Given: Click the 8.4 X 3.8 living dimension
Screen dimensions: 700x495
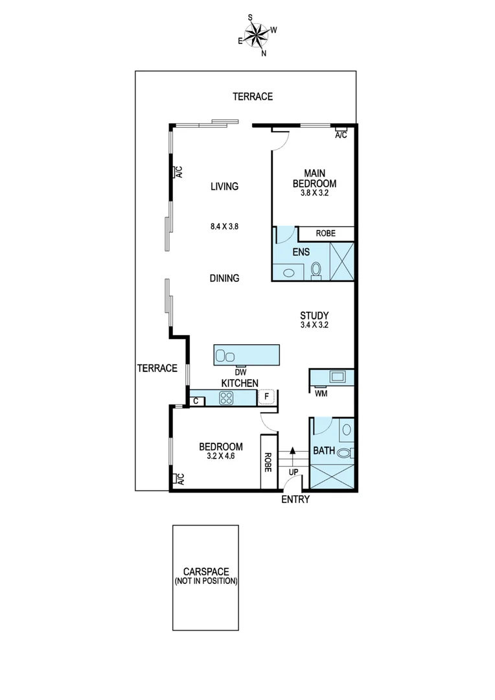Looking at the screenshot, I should click(225, 227).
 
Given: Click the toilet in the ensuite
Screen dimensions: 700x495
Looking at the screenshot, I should click(317, 269).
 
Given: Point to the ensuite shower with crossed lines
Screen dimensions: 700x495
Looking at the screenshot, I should click(341, 261).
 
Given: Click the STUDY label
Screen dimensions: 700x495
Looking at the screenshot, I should click(315, 316).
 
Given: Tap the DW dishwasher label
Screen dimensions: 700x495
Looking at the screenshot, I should click(240, 372).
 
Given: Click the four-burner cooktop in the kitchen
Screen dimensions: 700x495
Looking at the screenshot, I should click(226, 398).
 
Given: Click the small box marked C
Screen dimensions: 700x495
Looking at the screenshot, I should click(196, 401).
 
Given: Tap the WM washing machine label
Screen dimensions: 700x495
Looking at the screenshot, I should click(321, 393).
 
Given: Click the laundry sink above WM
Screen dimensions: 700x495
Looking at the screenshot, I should click(338, 376).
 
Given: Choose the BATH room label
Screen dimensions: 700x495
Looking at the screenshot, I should click(324, 450).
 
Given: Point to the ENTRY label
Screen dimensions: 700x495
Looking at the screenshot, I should click(295, 500).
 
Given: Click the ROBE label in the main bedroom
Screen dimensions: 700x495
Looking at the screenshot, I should click(325, 233).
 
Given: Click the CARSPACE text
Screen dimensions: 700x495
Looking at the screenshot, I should click(206, 572).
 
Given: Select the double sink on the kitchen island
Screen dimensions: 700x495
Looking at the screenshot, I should click(225, 355).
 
